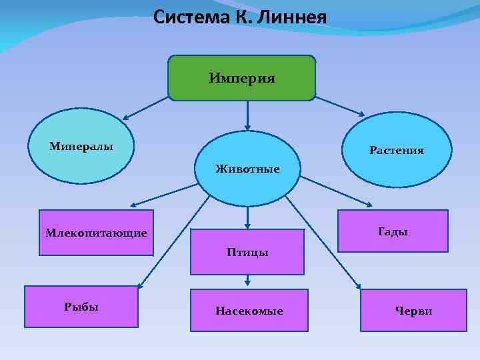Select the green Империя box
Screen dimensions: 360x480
click(241, 78)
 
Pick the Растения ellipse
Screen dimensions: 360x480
click(397, 150)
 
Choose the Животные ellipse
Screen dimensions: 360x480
click(247, 168)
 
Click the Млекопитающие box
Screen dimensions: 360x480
click(96, 233)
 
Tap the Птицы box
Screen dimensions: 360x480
click(247, 252)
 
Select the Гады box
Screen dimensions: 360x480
click(393, 231)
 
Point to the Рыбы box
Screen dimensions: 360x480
click(81, 307)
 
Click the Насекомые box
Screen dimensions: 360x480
click(249, 311)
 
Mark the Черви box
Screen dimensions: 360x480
click(413, 311)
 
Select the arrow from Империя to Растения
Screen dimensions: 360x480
click(340, 107)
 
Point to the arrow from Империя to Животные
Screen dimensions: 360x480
click(247, 115)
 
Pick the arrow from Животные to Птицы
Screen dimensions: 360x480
click(247, 217)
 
